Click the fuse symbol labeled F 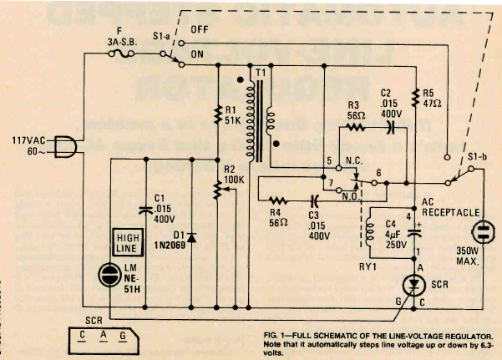[119, 52]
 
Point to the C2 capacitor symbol [389, 129]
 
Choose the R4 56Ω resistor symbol [279, 200]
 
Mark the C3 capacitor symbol [314, 200]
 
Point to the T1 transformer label [261, 72]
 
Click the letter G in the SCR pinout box [123, 336]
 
